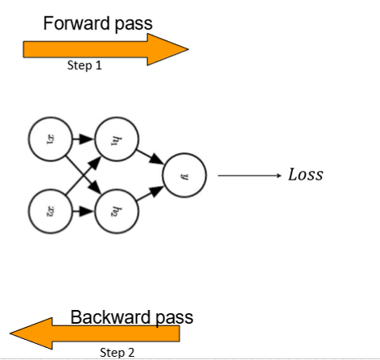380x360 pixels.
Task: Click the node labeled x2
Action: pos(49,212)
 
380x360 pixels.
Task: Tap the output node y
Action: pos(184,175)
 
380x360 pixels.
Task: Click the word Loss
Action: pos(305,175)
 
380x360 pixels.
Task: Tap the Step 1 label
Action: pos(85,66)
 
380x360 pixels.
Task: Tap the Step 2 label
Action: pos(117,351)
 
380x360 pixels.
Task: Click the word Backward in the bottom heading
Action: pos(108,317)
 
